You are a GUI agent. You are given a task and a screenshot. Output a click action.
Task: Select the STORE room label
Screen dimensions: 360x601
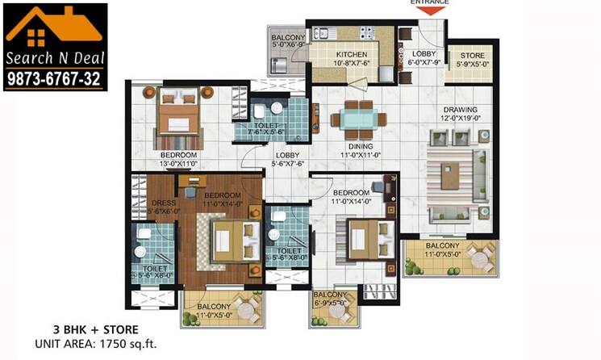click(x=472, y=57)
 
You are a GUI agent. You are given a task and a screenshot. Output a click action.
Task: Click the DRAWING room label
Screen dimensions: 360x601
click(x=460, y=110)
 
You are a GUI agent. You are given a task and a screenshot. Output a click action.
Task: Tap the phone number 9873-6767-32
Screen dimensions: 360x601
click(x=55, y=77)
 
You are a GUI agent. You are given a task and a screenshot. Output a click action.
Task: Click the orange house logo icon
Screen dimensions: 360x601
click(x=54, y=27)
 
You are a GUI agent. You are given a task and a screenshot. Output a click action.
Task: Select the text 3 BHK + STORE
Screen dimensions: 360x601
click(x=86, y=329)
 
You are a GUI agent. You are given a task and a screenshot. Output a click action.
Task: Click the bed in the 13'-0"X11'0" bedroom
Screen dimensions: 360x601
click(x=179, y=115)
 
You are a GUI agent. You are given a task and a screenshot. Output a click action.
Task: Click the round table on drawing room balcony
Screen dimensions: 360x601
click(x=479, y=261)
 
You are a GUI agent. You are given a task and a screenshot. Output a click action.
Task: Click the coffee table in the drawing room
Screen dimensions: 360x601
click(x=457, y=171)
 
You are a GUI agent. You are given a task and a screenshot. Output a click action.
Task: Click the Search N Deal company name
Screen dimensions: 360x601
click(x=55, y=59)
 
